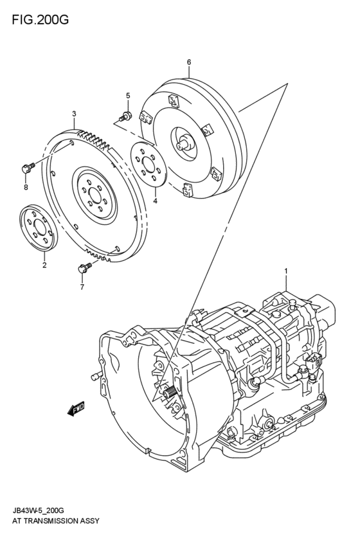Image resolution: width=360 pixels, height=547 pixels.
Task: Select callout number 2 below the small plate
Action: point(44,264)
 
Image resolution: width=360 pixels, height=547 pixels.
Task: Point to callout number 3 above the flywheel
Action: point(74,114)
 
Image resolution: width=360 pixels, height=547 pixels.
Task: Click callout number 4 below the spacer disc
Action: point(155,201)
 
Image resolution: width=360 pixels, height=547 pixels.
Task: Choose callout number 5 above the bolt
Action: point(127,96)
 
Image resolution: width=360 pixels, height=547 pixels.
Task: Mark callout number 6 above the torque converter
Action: point(189,62)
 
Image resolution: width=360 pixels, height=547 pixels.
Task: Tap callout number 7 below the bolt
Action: point(82,287)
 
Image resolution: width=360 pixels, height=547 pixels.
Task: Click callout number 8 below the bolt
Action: point(26,187)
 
